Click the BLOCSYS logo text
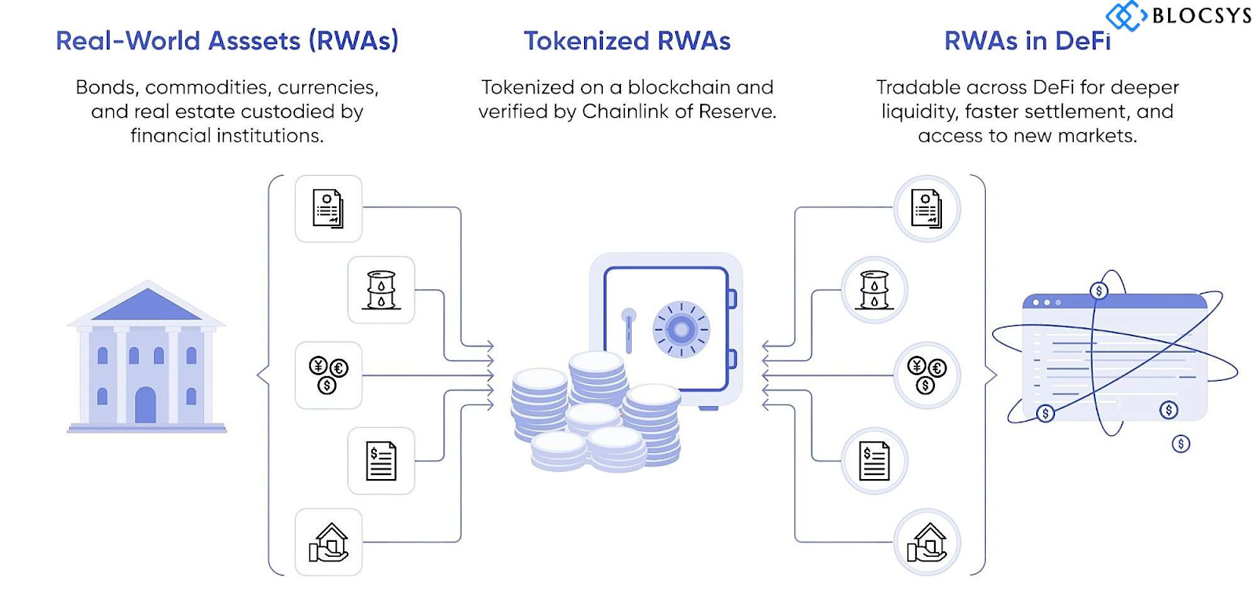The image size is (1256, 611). tap(1200, 15)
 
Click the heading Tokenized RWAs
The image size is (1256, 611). tap(626, 41)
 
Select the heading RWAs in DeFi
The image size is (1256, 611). tap(1027, 41)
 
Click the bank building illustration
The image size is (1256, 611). tap(147, 357)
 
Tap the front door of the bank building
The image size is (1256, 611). tap(145, 405)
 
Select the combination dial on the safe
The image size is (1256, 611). tap(681, 329)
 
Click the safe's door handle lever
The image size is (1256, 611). tap(628, 329)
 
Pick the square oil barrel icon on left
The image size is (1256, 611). tap(381, 290)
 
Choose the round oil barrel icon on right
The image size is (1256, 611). tap(874, 290)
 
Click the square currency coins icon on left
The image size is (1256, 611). tap(328, 375)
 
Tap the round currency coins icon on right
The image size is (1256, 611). tap(926, 375)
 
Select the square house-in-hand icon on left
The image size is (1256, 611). tap(328, 542)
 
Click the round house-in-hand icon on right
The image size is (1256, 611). tap(926, 542)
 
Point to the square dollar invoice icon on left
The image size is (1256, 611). tap(381, 460)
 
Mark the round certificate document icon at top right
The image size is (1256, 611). tap(926, 208)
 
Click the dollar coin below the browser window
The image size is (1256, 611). tap(1181, 444)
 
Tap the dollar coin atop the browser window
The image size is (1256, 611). tap(1098, 291)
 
